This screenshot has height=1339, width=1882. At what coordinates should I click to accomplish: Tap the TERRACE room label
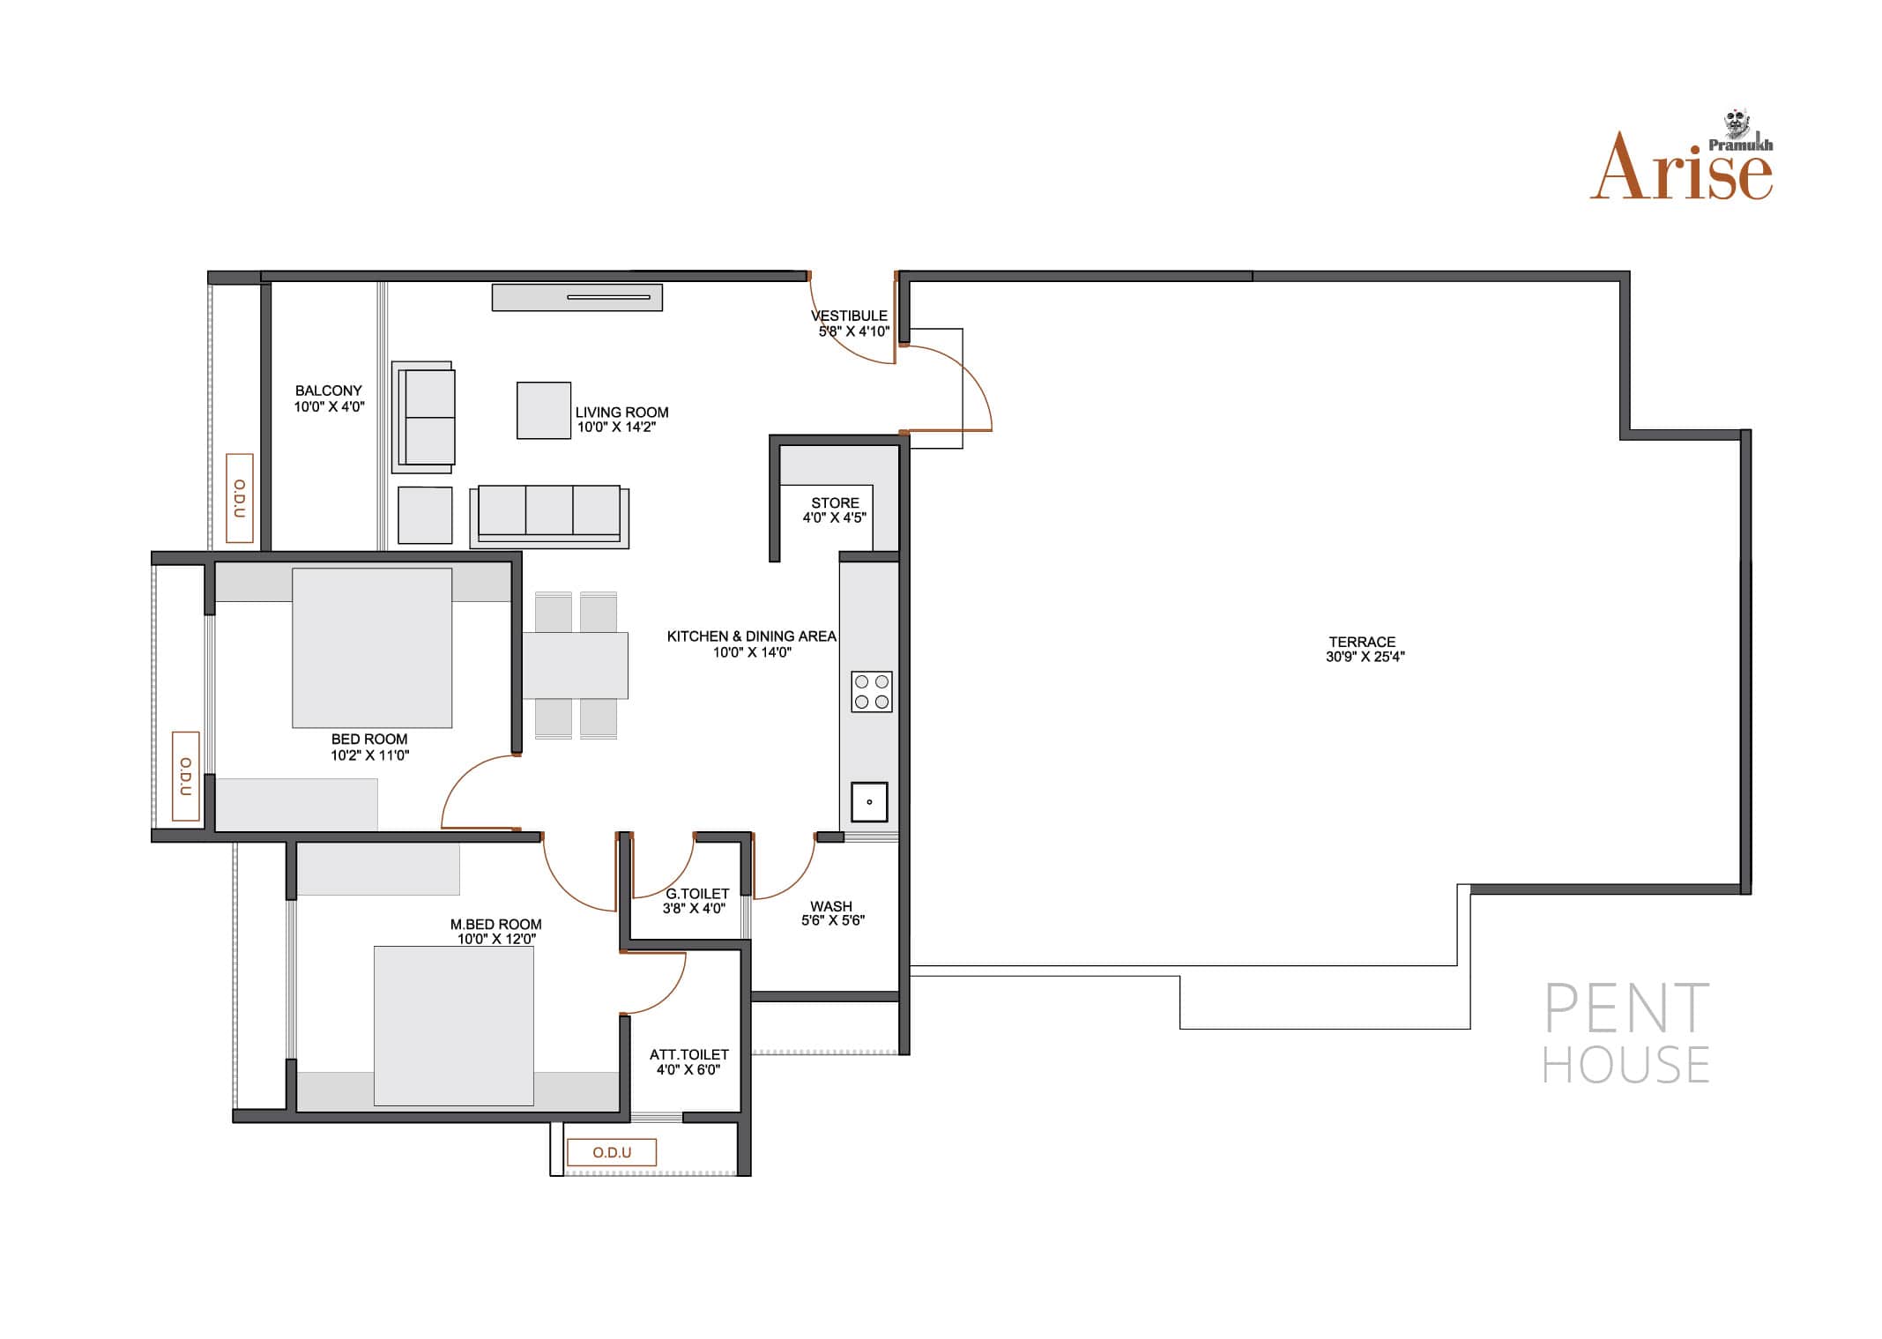coord(1362,642)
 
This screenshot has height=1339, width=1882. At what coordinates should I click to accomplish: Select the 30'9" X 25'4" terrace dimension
coord(1365,657)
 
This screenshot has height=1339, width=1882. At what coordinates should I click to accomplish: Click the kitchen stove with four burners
coord(871,692)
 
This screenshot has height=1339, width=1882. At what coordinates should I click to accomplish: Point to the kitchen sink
coord(869,802)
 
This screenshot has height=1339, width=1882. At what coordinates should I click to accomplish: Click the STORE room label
coord(835,503)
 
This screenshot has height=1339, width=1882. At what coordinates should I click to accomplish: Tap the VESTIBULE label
coord(849,316)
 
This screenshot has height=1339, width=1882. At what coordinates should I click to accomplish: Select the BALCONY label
coord(329,391)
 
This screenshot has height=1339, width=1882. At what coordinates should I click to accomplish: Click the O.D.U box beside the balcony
coord(240,498)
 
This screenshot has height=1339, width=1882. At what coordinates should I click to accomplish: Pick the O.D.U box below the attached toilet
coord(612,1152)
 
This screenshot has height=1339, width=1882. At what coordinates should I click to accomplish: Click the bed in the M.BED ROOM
coord(454,1026)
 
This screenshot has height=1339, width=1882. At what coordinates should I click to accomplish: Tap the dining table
coord(575,666)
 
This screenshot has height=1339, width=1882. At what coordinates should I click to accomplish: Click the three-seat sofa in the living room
coord(549,516)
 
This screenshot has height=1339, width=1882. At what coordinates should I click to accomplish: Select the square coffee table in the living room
coord(544,410)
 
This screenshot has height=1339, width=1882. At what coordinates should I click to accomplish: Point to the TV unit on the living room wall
coord(577,297)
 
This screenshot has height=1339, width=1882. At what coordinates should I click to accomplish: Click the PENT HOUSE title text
coord(1626,1033)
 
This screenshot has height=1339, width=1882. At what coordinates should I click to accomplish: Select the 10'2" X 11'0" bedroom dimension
coord(370,755)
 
